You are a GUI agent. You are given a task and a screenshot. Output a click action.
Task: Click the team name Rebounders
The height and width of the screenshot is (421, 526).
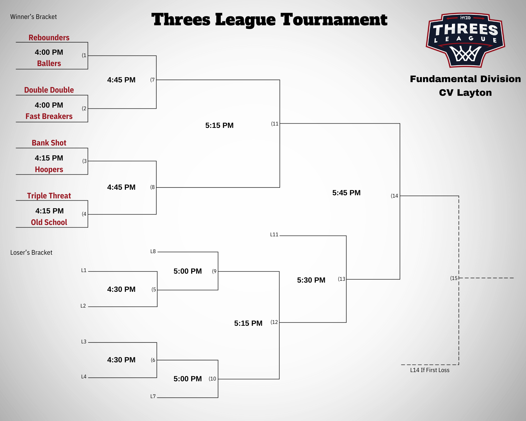pyautogui.click(x=49, y=38)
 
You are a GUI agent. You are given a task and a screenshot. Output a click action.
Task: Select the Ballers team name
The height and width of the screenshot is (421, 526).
pyautogui.click(x=49, y=63)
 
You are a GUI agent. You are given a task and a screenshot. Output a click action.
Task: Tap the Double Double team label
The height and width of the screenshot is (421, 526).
pyautogui.click(x=49, y=90)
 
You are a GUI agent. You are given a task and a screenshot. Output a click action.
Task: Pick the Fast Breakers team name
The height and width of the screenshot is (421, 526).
pyautogui.click(x=49, y=116)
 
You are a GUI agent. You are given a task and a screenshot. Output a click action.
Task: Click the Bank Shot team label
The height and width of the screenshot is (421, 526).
pyautogui.click(x=49, y=143)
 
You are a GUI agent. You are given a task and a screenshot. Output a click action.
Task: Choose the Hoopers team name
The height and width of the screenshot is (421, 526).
pyautogui.click(x=49, y=169)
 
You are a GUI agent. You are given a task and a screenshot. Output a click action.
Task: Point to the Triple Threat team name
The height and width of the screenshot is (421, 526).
pyautogui.click(x=49, y=196)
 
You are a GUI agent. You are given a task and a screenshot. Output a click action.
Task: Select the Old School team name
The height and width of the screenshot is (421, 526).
pyautogui.click(x=49, y=222)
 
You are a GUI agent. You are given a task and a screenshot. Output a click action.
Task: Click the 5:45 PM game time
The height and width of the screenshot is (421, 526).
pyautogui.click(x=346, y=193)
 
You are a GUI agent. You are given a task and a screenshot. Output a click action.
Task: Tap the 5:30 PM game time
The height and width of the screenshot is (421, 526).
pyautogui.click(x=311, y=280)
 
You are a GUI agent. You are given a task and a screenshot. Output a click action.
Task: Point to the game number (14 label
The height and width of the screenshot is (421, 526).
pyautogui.click(x=394, y=196)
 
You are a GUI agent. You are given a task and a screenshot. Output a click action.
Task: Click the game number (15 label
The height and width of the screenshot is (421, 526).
pyautogui.click(x=454, y=278)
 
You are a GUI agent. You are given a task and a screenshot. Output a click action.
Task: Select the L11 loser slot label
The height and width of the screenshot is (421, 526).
pyautogui.click(x=274, y=235)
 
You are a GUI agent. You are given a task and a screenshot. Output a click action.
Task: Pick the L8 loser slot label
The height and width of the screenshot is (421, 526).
pyautogui.click(x=153, y=252)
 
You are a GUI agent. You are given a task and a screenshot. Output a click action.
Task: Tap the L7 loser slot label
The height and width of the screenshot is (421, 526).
pyautogui.click(x=153, y=397)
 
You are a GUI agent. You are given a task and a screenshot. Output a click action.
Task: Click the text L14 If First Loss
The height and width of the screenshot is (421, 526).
pyautogui.click(x=430, y=370)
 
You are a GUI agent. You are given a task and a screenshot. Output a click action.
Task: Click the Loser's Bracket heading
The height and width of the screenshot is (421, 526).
pyautogui.click(x=31, y=253)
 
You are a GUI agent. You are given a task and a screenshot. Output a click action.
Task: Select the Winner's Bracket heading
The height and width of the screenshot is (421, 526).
pyautogui.click(x=33, y=17)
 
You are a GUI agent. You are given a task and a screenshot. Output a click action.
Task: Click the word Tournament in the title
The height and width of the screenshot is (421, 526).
pyautogui.click(x=334, y=20)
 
